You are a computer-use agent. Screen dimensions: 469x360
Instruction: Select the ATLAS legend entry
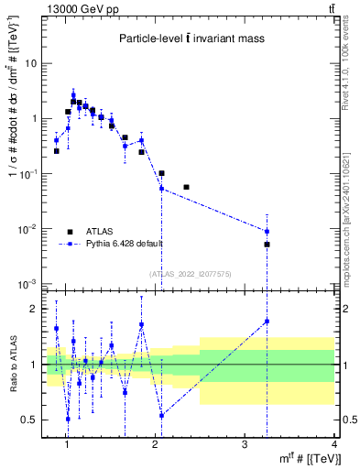coord(98,232)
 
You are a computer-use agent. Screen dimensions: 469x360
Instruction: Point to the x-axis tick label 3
coord(245,444)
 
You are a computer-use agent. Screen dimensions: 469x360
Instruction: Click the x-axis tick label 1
coord(66,444)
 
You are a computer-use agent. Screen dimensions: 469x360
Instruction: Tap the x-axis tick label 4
coord(333,444)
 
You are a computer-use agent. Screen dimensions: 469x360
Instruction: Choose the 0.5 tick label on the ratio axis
coord(31,420)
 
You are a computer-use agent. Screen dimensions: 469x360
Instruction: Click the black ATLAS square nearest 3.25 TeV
coord(267,245)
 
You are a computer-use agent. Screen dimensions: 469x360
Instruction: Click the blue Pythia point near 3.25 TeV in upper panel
coord(267,232)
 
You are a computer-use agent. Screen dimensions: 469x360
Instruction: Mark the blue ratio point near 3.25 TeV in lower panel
coord(267,321)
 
